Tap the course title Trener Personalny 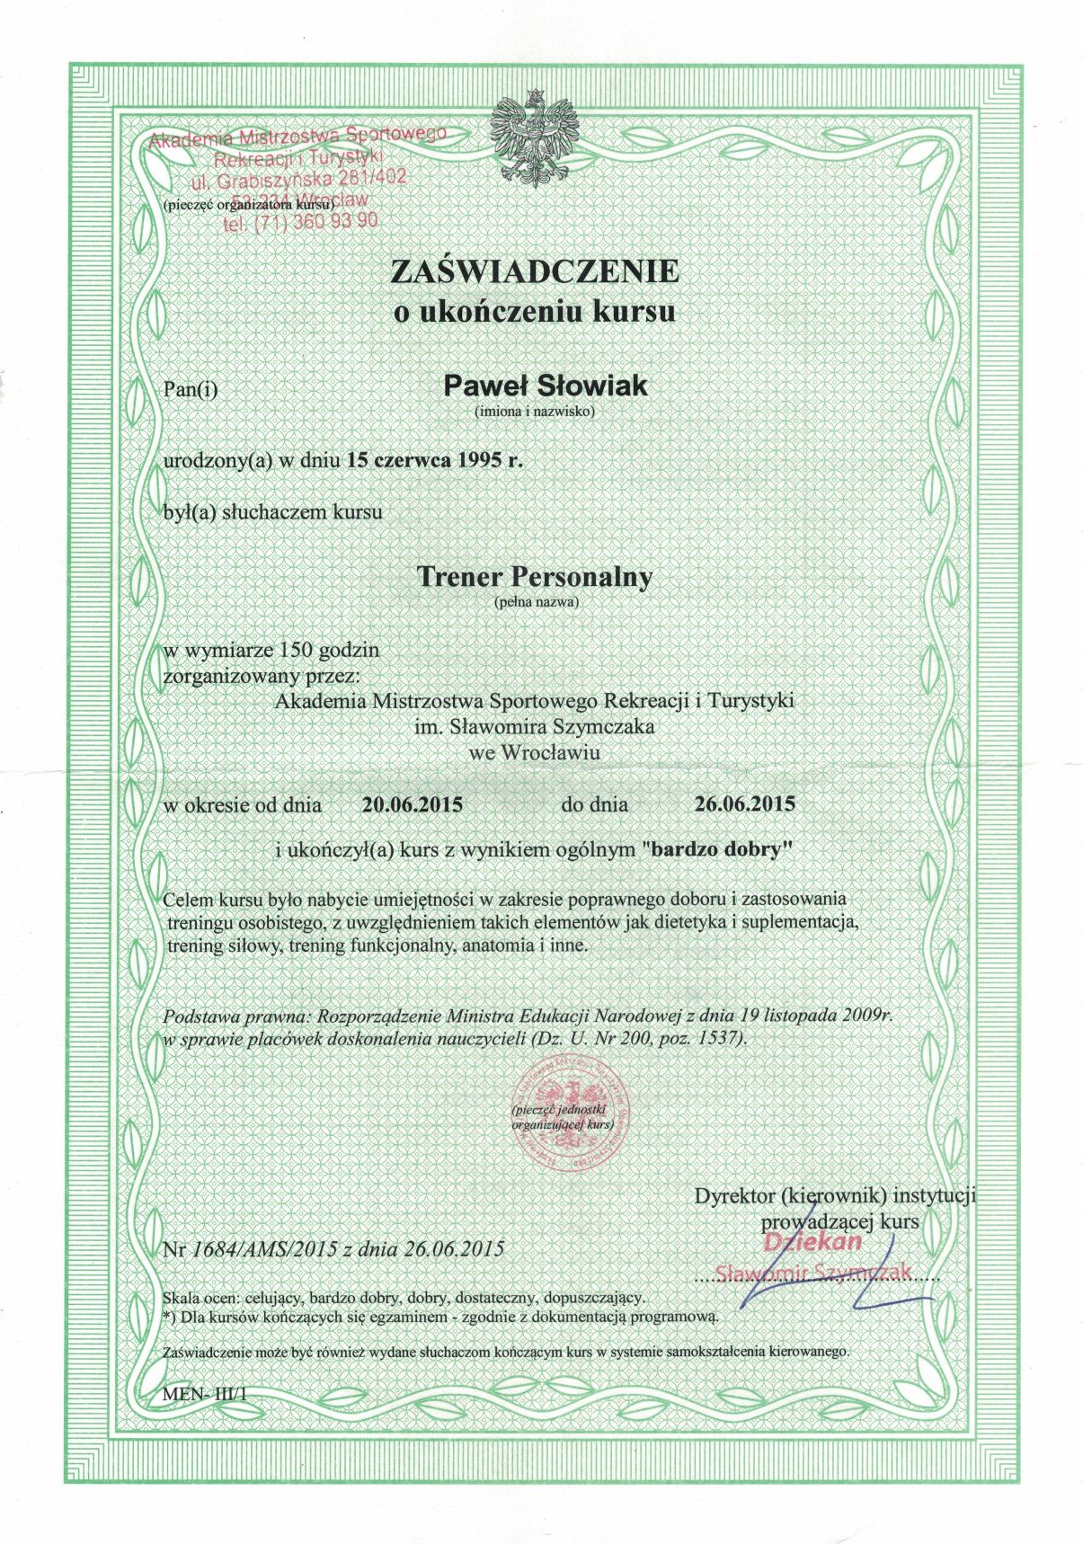click(x=534, y=577)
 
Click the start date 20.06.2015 click(x=413, y=804)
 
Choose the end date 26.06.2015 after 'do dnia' click(x=745, y=803)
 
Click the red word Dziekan click(x=812, y=1242)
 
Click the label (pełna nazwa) click(x=534, y=602)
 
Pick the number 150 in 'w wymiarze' click(x=298, y=648)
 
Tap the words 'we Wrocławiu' click(x=534, y=753)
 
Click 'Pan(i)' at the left click(x=192, y=389)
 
